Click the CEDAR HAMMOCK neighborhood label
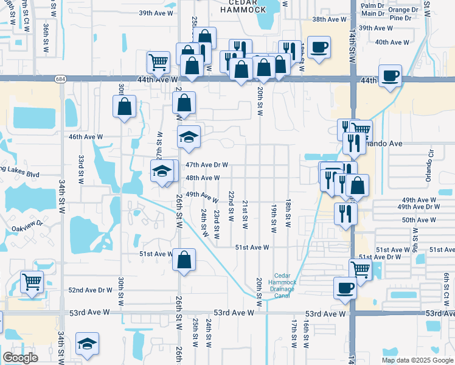point(243,6)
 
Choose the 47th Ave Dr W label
point(207,165)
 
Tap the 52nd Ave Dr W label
point(90,290)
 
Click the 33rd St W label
point(81,169)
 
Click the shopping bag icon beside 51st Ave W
point(184,260)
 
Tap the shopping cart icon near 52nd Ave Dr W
point(32,282)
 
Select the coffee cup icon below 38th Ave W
point(319,47)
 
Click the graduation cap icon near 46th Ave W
point(189,137)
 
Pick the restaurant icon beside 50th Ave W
point(345,213)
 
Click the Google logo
point(21,358)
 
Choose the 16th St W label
point(306,336)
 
